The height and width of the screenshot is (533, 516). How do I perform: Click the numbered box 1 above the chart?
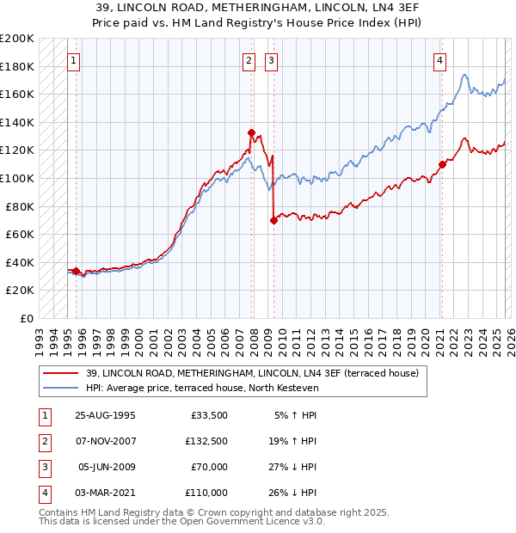coord(74,60)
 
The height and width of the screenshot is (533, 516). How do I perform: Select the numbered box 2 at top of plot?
coord(249,60)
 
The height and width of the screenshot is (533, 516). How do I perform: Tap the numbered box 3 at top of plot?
coord(271,60)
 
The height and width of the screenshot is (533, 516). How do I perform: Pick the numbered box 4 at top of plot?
coord(439,60)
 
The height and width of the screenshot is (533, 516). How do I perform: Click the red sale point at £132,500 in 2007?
coord(252,132)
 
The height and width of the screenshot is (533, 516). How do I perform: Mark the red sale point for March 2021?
coord(442,164)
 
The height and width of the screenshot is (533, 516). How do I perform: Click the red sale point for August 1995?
coord(77,271)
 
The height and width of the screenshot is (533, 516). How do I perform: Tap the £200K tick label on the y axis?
coord(17,39)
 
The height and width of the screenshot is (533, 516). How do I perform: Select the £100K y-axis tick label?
coord(17,178)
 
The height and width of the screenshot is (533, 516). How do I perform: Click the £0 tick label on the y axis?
coord(26,318)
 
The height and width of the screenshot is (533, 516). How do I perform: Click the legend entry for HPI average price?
coord(202,388)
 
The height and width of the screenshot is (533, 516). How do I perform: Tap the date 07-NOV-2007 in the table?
coord(107,441)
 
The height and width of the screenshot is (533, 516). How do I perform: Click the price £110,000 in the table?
coord(206,493)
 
